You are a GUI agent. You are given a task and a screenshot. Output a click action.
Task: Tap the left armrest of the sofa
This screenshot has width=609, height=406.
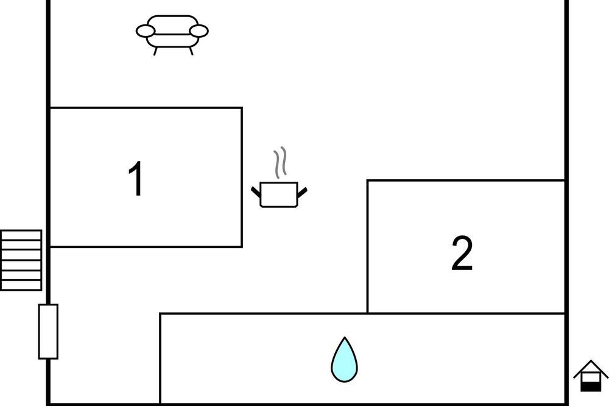pos(146,30)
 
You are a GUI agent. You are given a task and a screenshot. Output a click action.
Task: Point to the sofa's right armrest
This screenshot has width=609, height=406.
pos(199,30)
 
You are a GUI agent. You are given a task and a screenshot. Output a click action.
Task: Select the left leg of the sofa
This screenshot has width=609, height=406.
pos(155,51)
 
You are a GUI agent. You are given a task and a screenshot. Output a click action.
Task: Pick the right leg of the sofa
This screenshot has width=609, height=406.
pos(191,51)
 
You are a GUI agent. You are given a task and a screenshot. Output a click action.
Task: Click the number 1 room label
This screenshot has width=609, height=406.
pos(136,179)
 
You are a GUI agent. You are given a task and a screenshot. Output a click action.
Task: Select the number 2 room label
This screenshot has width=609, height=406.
pos(462,253)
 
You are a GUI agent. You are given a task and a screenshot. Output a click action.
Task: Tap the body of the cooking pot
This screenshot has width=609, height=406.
pos(279,194)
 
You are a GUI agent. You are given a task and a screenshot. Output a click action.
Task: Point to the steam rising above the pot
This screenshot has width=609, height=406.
pos(280,163)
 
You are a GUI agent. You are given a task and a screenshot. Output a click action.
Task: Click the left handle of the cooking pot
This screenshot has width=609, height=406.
pos(256,191)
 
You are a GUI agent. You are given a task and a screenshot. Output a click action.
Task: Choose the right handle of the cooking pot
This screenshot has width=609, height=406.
pos(302,192)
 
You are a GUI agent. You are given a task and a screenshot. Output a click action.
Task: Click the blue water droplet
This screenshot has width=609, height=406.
pos(344,360)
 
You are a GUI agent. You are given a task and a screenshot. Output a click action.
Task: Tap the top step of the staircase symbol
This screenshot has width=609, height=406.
pos(21,235)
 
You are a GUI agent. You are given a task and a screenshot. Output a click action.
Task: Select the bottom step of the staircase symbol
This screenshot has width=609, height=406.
pos(21,285)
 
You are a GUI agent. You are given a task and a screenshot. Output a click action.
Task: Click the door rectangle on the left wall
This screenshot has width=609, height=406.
pos(48,332)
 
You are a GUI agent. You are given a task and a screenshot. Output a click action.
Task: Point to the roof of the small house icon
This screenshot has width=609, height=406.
pos(591,368)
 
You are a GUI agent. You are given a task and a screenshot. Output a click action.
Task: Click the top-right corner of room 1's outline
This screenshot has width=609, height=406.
pos(242,108)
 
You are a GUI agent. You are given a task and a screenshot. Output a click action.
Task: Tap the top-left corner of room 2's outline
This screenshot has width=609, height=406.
pos(367,180)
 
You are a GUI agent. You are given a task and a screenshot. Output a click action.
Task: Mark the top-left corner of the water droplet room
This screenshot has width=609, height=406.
pos(160,313)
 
